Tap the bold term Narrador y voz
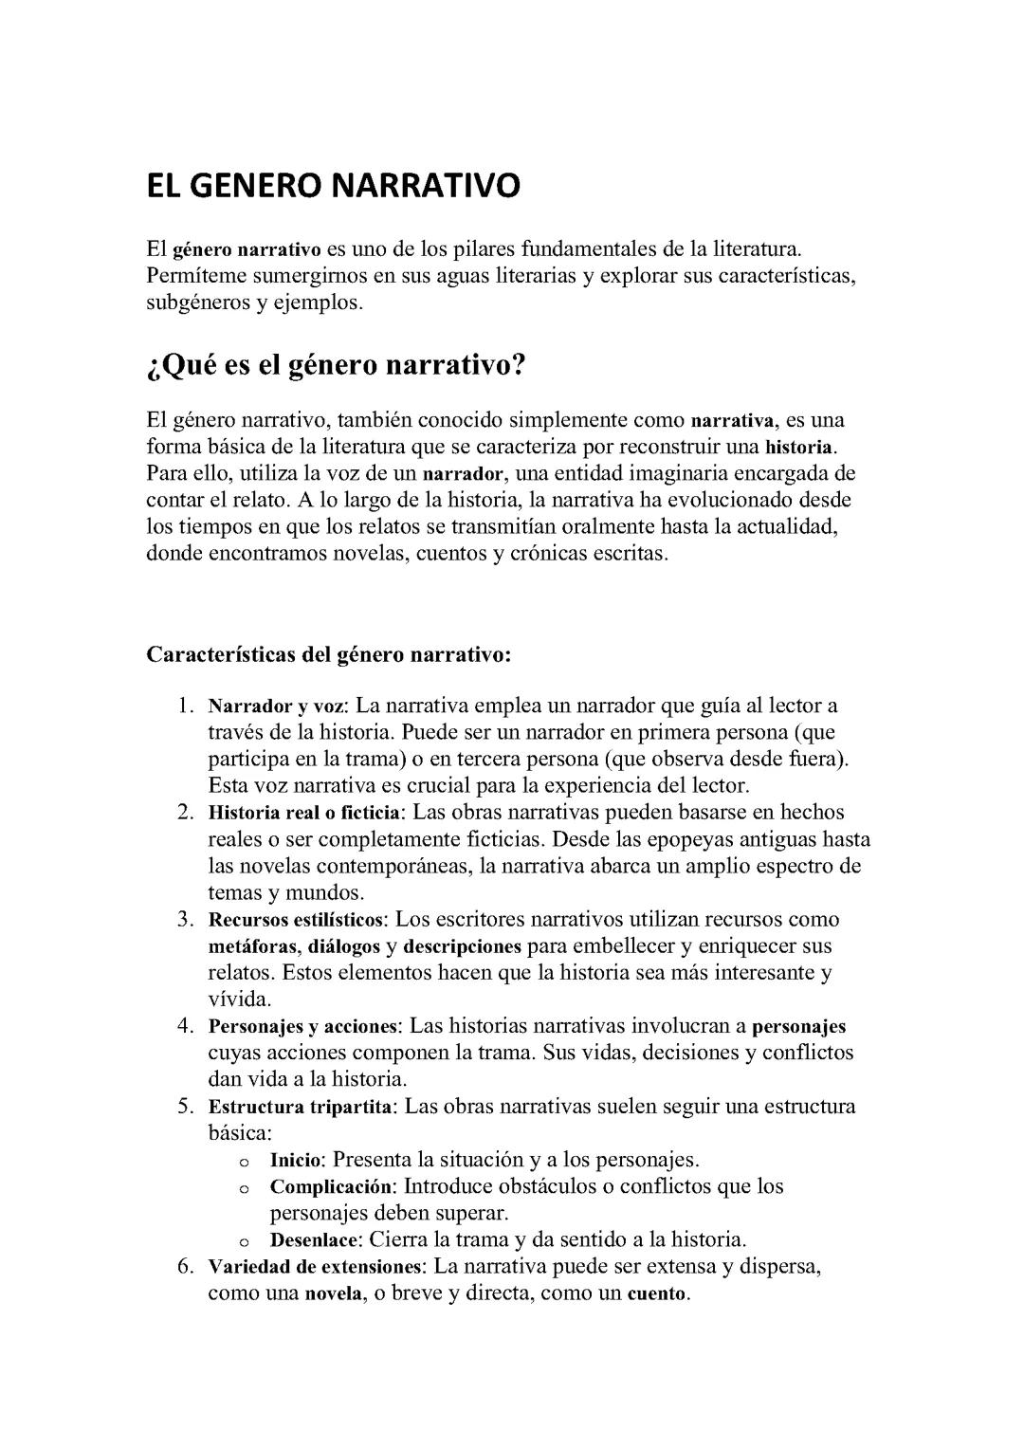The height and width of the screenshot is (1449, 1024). click(x=278, y=706)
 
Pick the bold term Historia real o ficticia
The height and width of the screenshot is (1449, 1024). click(x=305, y=813)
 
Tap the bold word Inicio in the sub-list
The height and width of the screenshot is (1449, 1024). click(x=296, y=1160)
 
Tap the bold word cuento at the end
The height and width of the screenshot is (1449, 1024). click(x=656, y=1294)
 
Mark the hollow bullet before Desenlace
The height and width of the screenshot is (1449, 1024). click(x=244, y=1241)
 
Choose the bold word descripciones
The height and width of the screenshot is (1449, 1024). click(x=462, y=946)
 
